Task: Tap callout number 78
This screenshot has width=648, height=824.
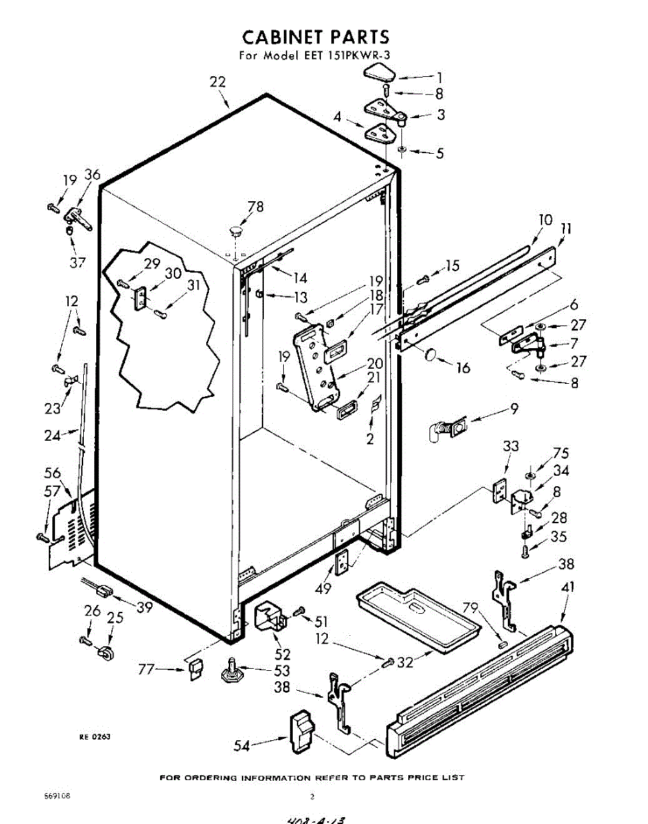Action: pos(255,207)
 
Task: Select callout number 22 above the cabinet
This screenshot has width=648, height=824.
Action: pos(217,82)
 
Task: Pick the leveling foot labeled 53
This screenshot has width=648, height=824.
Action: pos(232,672)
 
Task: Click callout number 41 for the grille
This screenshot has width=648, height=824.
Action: pos(568,587)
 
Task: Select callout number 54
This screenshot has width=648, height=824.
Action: pos(242,744)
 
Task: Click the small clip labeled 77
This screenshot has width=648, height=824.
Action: pos(194,667)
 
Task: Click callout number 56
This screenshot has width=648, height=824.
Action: pos(52,473)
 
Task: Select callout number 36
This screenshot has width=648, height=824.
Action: pos(92,175)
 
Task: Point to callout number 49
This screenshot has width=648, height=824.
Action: pos(323,588)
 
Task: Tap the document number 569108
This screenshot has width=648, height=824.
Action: pos(58,797)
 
